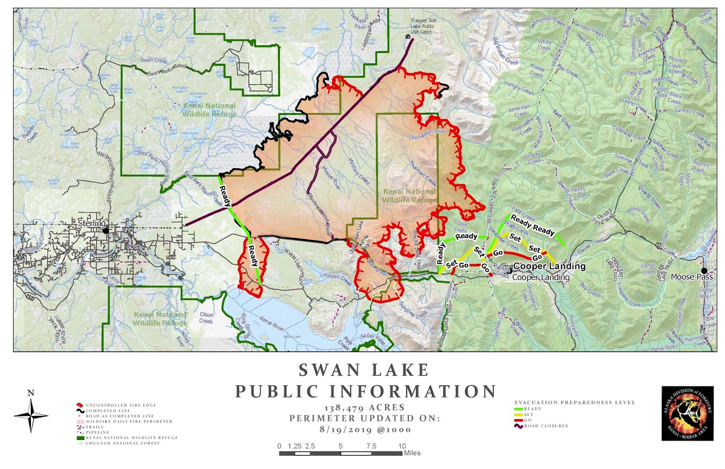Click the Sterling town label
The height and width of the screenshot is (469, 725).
tap(92, 223)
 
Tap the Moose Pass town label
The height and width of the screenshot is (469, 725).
tap(691, 277)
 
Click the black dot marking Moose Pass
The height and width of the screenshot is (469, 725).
tap(704, 271)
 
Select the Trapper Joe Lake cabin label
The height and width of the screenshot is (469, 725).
tap(423, 26)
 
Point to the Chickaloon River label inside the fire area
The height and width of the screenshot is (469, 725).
tap(427, 135)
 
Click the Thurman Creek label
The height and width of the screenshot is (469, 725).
tap(422, 173)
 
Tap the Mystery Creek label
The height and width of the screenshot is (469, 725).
tap(358, 171)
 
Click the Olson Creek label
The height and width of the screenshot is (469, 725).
tap(206, 318)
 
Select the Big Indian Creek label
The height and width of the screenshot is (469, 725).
tap(505, 52)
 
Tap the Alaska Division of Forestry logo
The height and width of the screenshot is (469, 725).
tap(687, 413)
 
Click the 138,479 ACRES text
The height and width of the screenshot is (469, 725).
tap(365, 408)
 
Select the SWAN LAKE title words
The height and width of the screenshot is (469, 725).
tap(364, 370)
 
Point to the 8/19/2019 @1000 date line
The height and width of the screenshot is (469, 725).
tap(365, 429)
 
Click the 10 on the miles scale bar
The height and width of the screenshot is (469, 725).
tap(402, 446)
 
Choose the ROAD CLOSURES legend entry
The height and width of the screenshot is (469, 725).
tap(546, 426)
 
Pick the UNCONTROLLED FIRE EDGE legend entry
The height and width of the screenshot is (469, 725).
tap(121, 405)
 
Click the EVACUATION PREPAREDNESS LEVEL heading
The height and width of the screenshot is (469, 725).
tap(575, 402)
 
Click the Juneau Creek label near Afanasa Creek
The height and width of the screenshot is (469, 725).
tap(533, 158)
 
